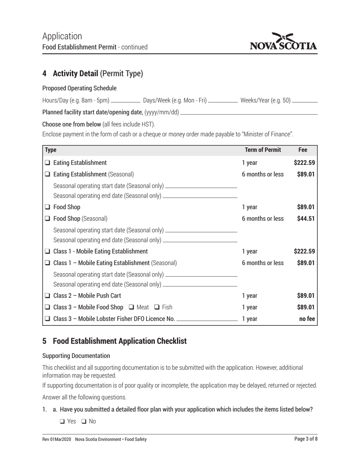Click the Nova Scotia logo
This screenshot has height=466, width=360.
tap(283, 42)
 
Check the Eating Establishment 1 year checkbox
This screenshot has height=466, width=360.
tap(47, 163)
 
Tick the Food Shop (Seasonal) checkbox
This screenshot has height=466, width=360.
tap(47, 219)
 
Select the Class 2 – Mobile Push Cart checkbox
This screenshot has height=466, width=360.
tap(47, 296)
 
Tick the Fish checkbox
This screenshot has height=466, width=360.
tap(157, 307)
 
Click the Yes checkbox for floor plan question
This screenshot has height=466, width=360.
tap(62, 421)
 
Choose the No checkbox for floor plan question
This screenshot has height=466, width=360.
tap(84, 421)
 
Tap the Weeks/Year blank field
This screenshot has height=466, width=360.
tap(305, 101)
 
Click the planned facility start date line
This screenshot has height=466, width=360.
tap(249, 113)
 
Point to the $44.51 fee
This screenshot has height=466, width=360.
tap(305, 219)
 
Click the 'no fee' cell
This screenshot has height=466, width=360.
tap(307, 319)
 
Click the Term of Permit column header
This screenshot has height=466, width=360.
tap(263, 150)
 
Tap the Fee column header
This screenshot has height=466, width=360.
tap(303, 150)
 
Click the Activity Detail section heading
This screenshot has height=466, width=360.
tap(93, 73)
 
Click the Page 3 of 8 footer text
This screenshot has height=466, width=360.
tap(306, 439)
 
